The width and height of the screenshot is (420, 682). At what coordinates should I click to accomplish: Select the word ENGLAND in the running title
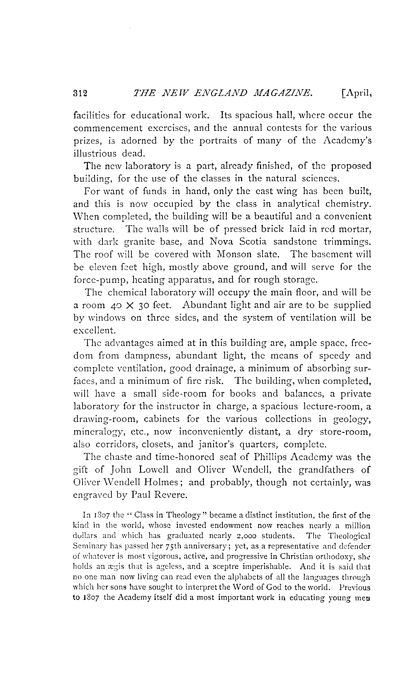[x=224, y=93]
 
